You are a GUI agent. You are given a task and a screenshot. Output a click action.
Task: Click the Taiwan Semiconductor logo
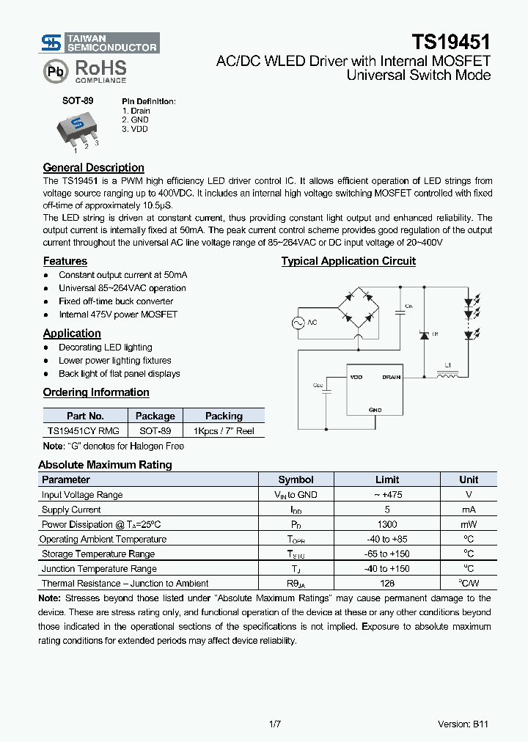coord(100,43)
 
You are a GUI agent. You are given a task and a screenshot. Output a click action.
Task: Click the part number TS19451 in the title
coord(450,42)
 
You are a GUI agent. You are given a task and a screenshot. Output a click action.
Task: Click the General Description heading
coord(94,168)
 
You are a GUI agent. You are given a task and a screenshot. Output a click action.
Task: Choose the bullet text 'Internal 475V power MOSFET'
coord(118,315)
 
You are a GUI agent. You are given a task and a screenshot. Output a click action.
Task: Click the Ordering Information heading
coord(96,392)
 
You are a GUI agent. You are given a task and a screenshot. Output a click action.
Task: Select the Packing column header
coord(224,416)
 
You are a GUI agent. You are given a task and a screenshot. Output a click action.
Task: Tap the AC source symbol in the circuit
coord(299,323)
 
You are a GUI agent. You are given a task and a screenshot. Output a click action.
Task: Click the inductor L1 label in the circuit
coord(448,364)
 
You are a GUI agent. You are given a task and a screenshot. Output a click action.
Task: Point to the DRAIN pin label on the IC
coord(391,377)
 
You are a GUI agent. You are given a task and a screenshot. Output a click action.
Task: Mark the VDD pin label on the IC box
coord(356,377)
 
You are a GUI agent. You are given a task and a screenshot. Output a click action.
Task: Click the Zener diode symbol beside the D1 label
coord(423,334)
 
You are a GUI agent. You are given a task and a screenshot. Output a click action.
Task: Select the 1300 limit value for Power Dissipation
coord(387,524)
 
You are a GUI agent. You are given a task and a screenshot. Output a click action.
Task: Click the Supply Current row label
coord(71,510)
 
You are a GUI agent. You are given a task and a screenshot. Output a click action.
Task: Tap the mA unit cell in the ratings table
coord(468,510)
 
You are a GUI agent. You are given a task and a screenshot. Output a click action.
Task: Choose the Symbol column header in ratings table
coord(296,480)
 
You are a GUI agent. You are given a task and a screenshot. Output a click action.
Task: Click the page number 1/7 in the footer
coord(275,724)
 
